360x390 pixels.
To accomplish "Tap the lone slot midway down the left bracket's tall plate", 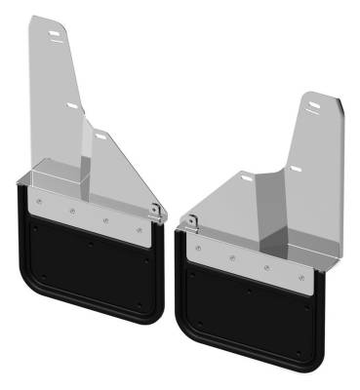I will (x=73, y=104).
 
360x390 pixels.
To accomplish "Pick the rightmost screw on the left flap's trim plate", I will (x=140, y=230).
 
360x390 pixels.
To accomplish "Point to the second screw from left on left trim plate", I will (x=71, y=211).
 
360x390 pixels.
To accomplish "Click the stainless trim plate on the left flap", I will (x=88, y=215).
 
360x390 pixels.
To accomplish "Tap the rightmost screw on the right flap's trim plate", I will (x=299, y=276).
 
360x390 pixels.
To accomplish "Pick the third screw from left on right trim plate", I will (x=265, y=267).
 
